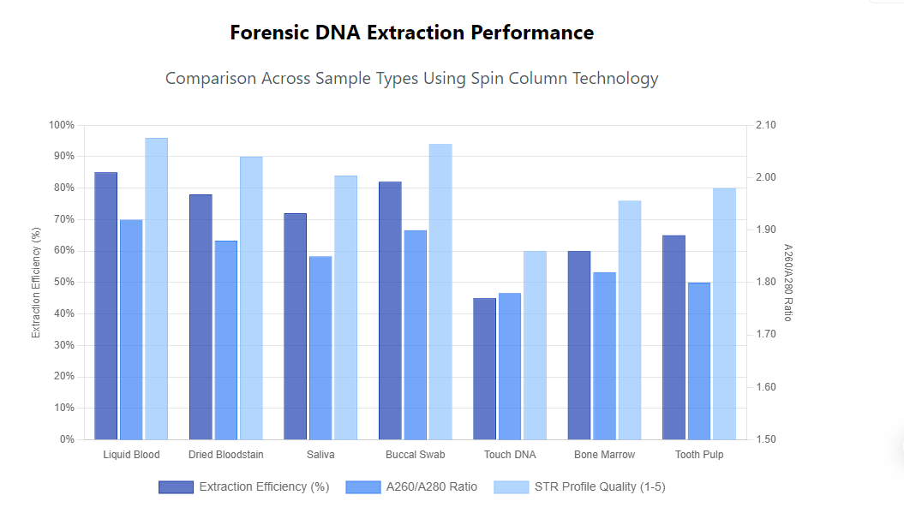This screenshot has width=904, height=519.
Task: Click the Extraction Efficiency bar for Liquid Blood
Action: click(105, 306)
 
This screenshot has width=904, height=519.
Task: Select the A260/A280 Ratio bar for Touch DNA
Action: click(510, 367)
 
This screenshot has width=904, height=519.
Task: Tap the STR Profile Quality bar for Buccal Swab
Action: click(440, 291)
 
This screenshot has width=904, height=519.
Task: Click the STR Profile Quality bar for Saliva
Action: click(345, 307)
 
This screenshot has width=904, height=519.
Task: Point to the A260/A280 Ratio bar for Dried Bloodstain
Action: click(226, 340)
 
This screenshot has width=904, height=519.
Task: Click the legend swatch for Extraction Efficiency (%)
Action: click(176, 486)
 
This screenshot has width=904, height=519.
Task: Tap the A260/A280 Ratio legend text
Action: click(431, 486)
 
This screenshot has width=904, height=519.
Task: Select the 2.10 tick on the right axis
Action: click(765, 125)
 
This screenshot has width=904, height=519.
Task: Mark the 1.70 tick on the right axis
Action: click(765, 335)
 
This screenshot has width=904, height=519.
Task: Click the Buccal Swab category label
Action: click(415, 455)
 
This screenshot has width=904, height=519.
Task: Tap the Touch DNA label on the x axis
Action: click(510, 455)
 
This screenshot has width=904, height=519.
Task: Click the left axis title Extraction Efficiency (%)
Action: click(36, 282)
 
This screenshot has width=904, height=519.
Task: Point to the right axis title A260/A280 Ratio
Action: click(788, 282)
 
